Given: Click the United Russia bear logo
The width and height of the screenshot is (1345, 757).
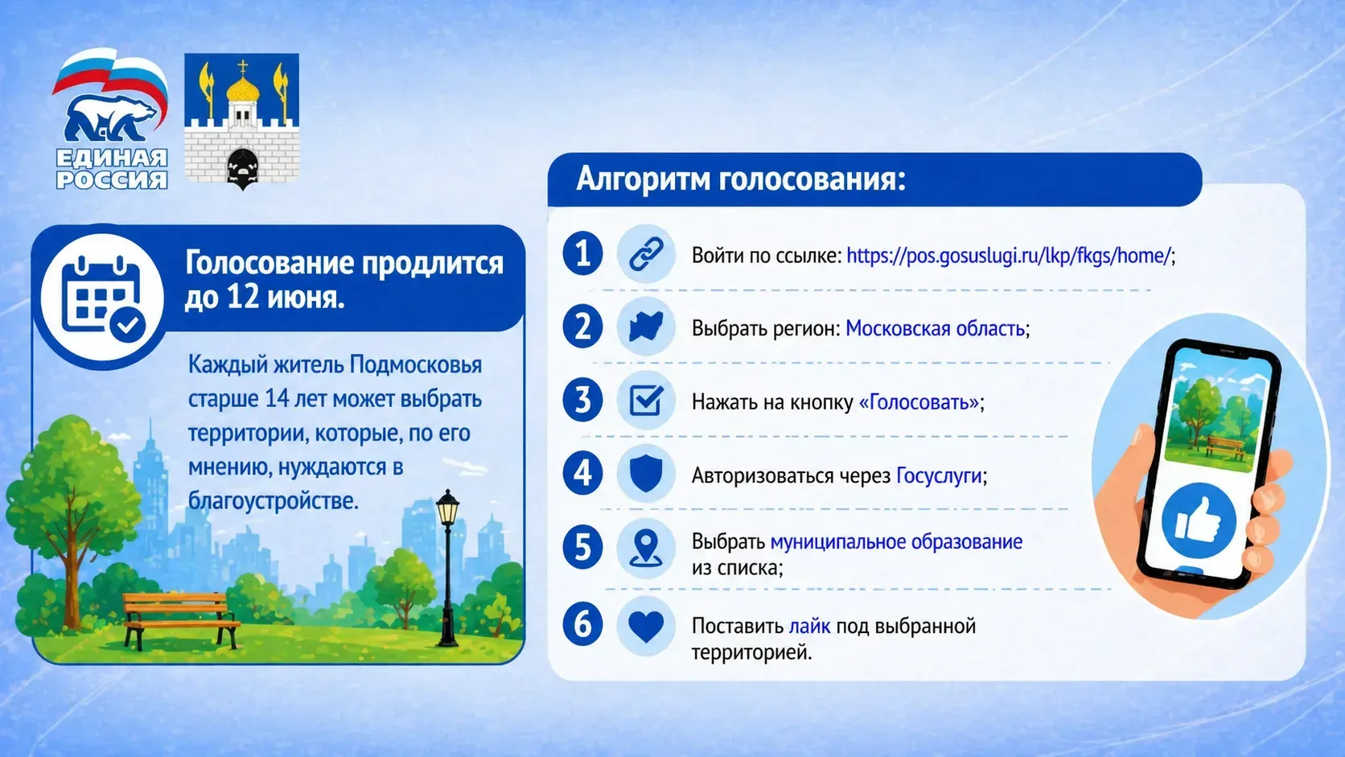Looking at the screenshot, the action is click(110, 118).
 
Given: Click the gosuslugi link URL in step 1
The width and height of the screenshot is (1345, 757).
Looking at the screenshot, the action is click(1009, 256).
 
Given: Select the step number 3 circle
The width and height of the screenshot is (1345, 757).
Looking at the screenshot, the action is click(582, 400).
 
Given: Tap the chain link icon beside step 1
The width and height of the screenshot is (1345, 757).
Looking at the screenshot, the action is click(646, 254).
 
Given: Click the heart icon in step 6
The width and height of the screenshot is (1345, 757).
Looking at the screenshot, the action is click(646, 627).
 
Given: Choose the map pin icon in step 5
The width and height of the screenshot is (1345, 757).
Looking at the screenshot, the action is click(646, 549).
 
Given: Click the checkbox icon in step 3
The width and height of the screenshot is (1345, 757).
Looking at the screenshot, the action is click(646, 400).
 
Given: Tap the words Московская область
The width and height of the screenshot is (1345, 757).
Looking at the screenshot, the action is click(935, 329).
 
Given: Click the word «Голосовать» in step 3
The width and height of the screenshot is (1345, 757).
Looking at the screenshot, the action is click(919, 402).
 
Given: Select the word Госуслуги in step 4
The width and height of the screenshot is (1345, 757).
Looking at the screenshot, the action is click(939, 476).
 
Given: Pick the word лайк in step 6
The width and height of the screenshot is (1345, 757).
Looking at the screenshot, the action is click(809, 626).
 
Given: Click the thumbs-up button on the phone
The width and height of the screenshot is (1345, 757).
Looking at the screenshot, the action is click(1199, 520).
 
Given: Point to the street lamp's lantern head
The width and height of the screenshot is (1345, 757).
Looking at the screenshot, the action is click(447, 508).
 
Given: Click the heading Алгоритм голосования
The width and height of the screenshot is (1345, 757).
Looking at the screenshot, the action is click(741, 179).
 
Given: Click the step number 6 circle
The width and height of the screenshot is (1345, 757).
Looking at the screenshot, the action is click(582, 623).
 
